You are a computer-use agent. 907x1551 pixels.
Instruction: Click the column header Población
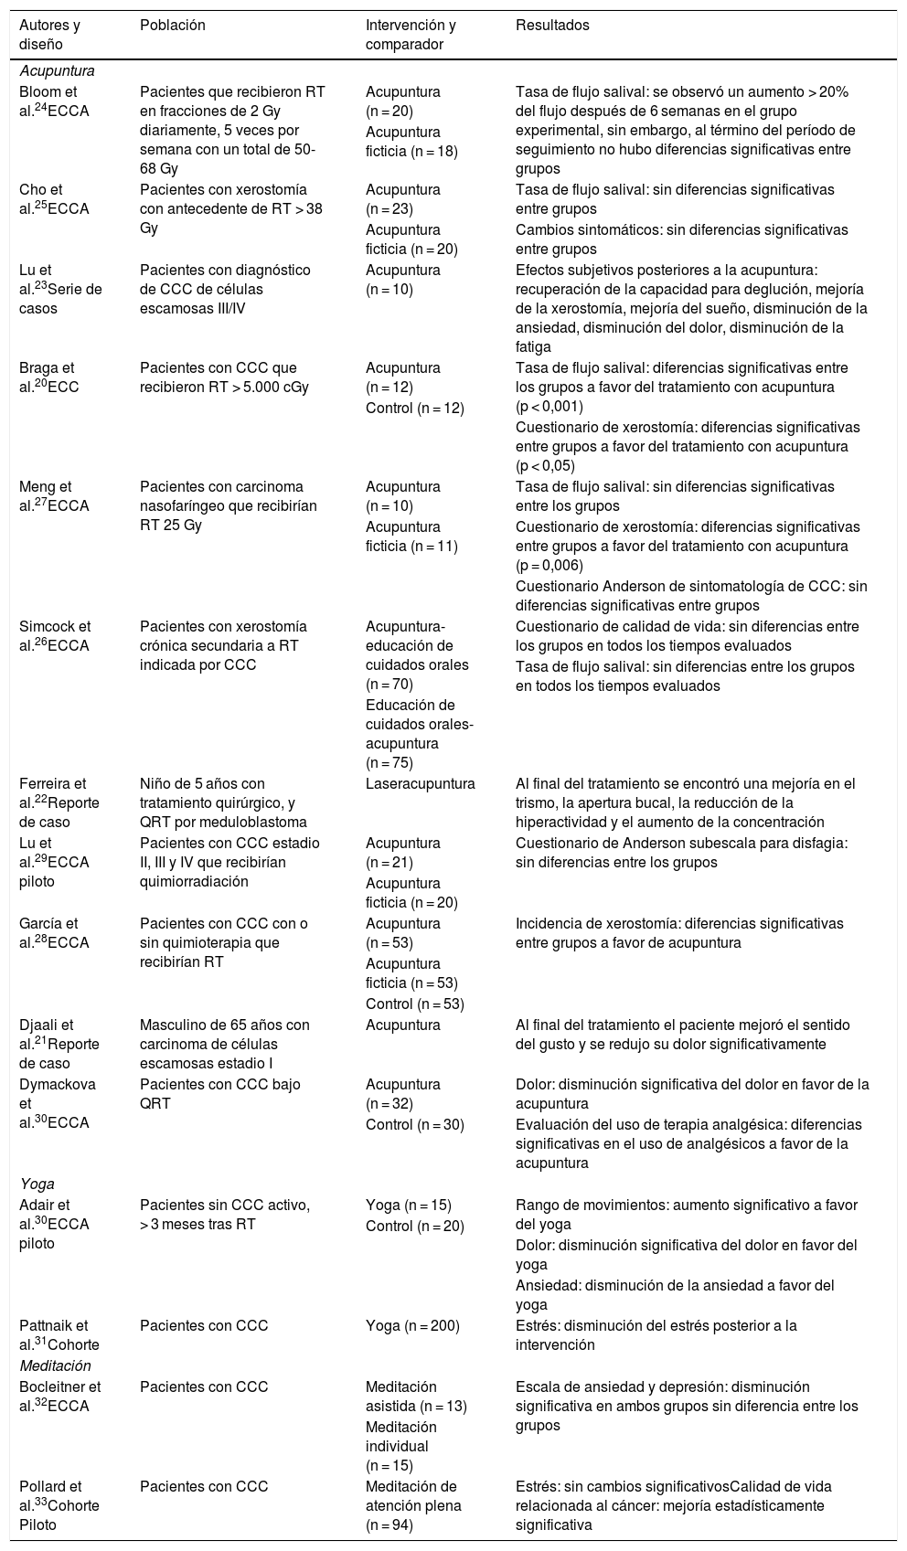pos(172,26)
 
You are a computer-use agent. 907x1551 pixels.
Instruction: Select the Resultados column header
pos(552,26)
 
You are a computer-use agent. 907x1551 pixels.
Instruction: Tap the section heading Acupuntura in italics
pos(57,70)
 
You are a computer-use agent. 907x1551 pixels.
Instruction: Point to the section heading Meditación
pos(56,1365)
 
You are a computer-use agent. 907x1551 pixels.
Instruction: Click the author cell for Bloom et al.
pos(55,101)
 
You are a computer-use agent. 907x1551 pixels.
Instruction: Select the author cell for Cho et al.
pos(55,199)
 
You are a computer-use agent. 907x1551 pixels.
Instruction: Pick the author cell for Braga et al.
pos(50,377)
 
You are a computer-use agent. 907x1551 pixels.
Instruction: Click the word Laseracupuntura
pos(420,784)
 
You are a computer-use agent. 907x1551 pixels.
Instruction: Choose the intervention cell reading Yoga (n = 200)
pos(412,1325)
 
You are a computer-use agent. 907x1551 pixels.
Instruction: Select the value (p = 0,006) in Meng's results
pos(549,566)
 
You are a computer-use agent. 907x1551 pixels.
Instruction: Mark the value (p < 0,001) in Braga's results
pos(549,407)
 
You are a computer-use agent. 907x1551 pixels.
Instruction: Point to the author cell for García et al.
pos(55,933)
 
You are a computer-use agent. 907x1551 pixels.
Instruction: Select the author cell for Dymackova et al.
pos(55,1104)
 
